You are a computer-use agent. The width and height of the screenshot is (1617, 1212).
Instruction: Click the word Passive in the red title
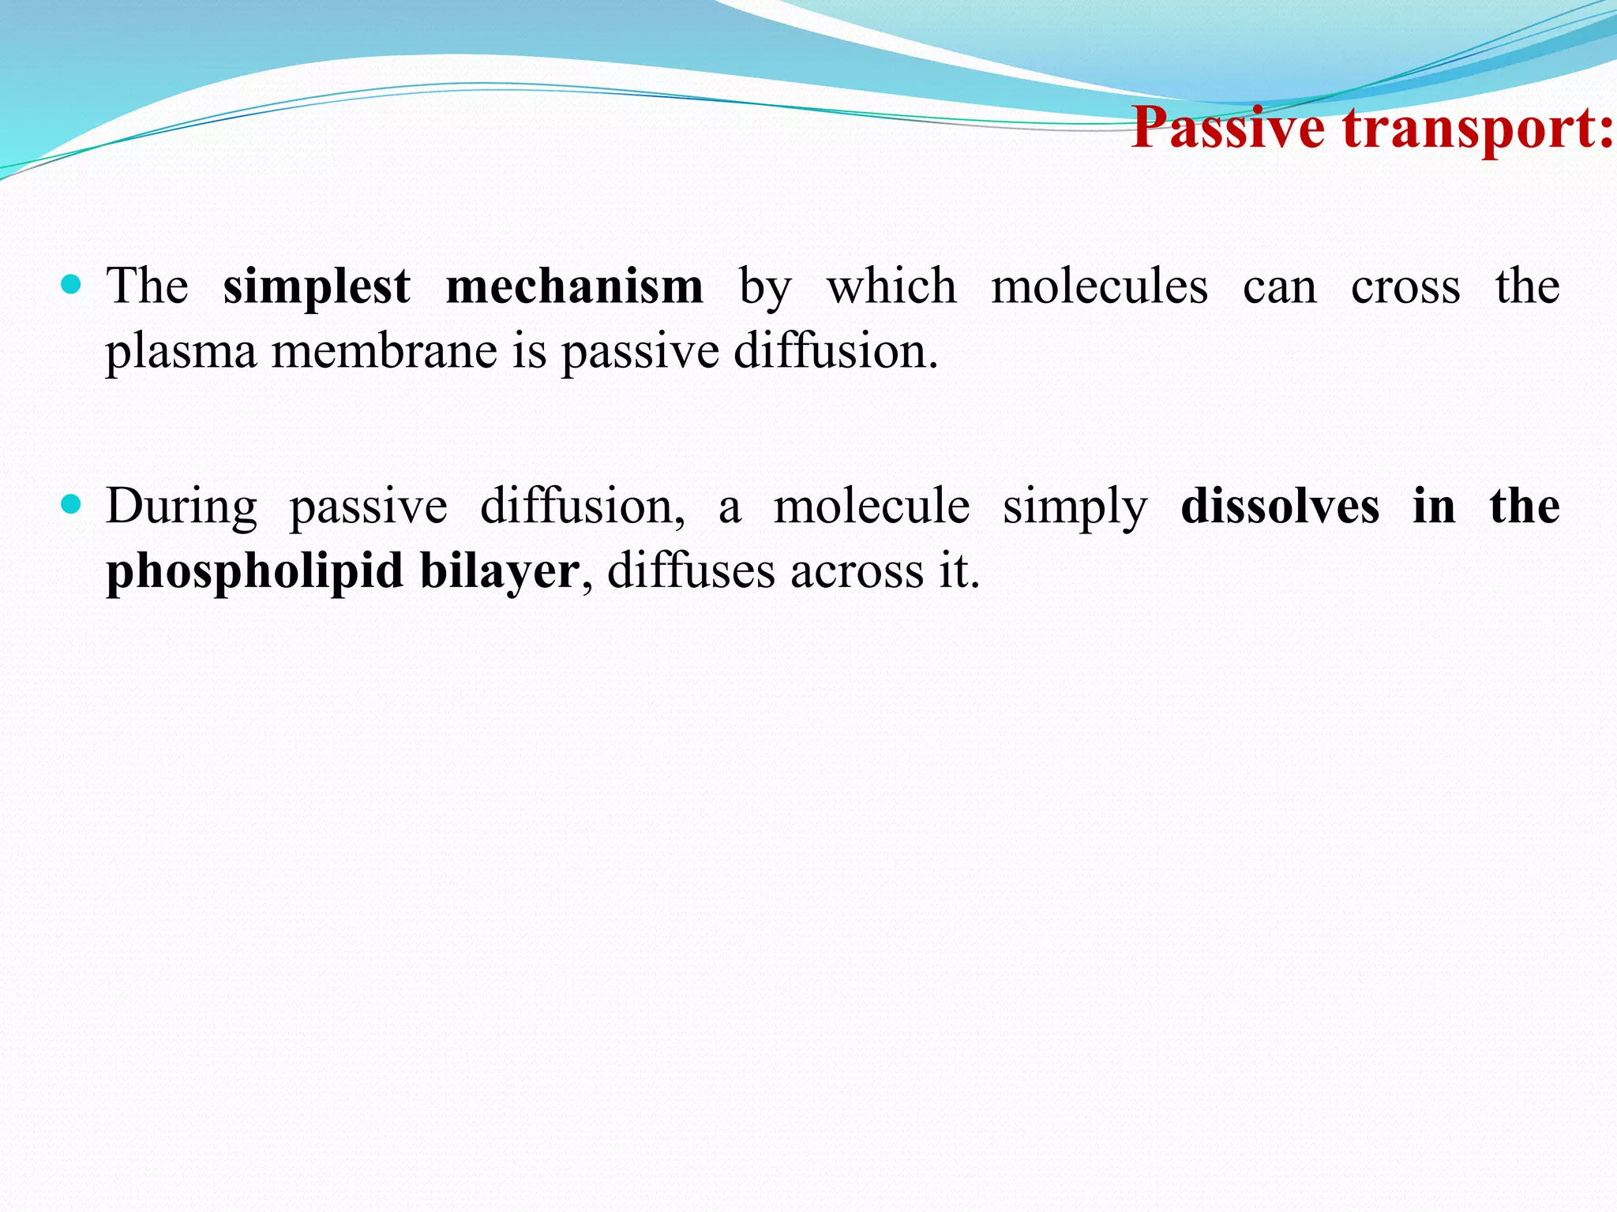pyautogui.click(x=1228, y=128)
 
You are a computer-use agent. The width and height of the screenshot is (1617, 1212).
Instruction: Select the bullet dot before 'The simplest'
pyautogui.click(x=71, y=284)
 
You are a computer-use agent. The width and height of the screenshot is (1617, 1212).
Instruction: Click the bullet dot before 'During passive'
pyautogui.click(x=71, y=504)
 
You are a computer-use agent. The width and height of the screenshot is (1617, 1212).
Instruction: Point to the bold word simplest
pyautogui.click(x=316, y=287)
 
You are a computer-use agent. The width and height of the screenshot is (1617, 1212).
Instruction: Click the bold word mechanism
pyautogui.click(x=574, y=286)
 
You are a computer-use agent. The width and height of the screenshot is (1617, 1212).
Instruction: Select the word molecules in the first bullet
pyautogui.click(x=1099, y=286)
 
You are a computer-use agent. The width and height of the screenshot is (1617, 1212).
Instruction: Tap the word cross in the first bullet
pyautogui.click(x=1405, y=287)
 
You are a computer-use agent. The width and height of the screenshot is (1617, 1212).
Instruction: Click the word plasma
pyautogui.click(x=182, y=352)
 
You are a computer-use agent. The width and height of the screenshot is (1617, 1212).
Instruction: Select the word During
pyautogui.click(x=182, y=507)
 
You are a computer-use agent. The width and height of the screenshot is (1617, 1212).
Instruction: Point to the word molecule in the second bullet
pyautogui.click(x=871, y=506)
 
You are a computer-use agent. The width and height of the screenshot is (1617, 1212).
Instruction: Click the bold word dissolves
pyautogui.click(x=1280, y=506)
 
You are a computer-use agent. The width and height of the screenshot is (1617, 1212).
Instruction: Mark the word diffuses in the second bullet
pyautogui.click(x=691, y=570)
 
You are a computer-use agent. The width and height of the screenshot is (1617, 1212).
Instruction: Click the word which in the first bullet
pyautogui.click(x=891, y=286)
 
